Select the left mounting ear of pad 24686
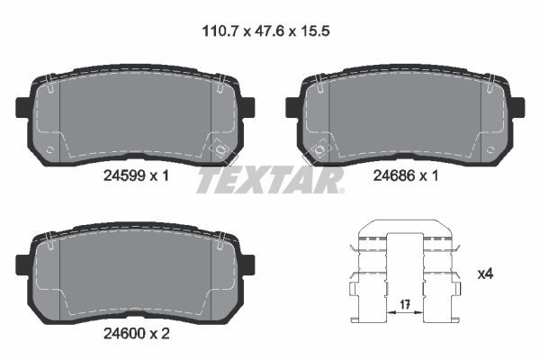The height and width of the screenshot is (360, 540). (292, 106)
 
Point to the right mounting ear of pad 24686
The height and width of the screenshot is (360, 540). (517, 106)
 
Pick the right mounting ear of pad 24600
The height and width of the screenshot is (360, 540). (247, 263)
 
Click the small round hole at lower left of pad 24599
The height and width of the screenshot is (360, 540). (50, 149)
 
